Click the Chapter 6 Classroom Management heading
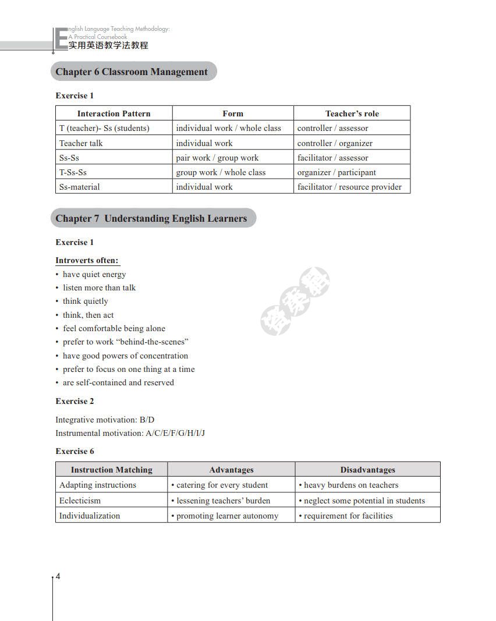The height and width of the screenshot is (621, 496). [132, 72]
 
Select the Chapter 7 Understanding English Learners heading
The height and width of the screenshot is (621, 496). [151, 219]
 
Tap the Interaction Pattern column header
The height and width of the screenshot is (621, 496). [114, 113]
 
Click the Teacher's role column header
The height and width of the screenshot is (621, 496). [352, 113]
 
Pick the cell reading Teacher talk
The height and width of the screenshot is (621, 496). [81, 143]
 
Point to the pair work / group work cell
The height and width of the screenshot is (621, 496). [217, 158]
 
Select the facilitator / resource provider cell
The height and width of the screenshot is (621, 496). [349, 187]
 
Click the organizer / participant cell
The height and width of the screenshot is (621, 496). [336, 172]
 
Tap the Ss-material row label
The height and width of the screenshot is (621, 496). [79, 187]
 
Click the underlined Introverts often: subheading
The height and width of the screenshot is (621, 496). [87, 260]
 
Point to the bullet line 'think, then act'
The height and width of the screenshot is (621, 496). [88, 315]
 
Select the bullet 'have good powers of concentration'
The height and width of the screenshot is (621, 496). [125, 356]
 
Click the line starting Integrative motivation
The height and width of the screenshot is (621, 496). [105, 420]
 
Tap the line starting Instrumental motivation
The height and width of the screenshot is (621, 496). [130, 433]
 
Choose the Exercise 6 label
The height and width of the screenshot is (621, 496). [75, 451]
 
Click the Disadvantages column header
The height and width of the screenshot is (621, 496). [367, 470]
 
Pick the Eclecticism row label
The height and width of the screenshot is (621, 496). [80, 501]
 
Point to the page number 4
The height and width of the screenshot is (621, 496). [58, 577]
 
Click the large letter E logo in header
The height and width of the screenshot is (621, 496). [60, 40]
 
